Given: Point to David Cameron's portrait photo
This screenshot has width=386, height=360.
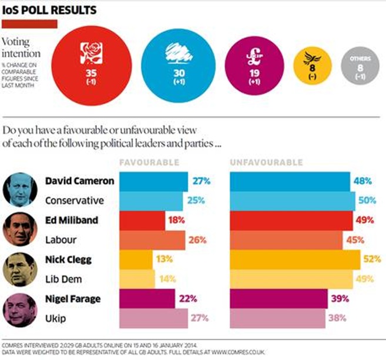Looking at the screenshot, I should click(19, 190).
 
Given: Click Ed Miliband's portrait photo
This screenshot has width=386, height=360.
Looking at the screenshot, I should click(19, 229).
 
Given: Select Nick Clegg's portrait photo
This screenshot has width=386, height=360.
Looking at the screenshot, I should click(19, 268).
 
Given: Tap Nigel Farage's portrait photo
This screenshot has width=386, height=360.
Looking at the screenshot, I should click(19, 308).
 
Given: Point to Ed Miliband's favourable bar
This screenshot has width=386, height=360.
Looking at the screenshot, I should click(142, 220).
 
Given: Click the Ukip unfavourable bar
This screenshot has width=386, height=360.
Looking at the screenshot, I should click(276, 318).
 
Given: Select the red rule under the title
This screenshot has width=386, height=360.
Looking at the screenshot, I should click(29, 23).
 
